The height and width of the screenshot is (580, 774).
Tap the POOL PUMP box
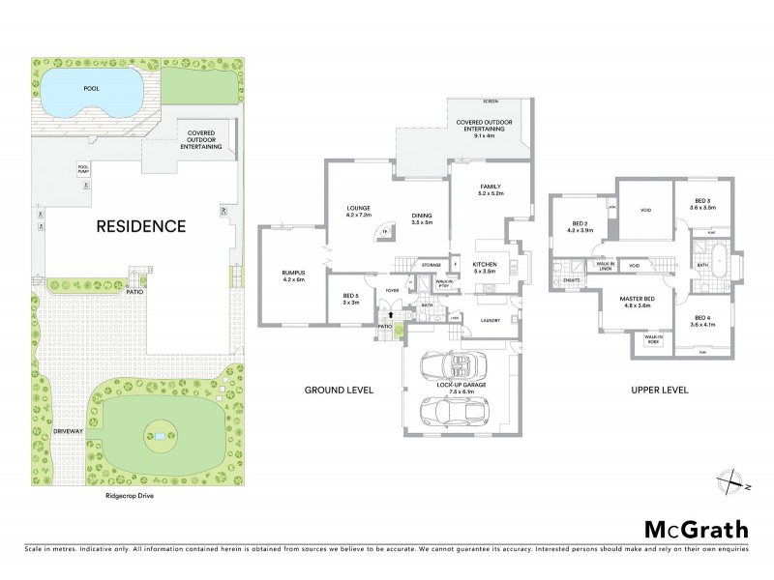tap(83, 168)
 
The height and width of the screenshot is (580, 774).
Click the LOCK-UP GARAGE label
tap(461, 384)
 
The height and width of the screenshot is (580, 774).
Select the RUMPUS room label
tap(293, 274)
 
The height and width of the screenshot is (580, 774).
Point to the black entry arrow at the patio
tap(390, 314)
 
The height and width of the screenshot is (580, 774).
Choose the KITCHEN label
tap(484, 264)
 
